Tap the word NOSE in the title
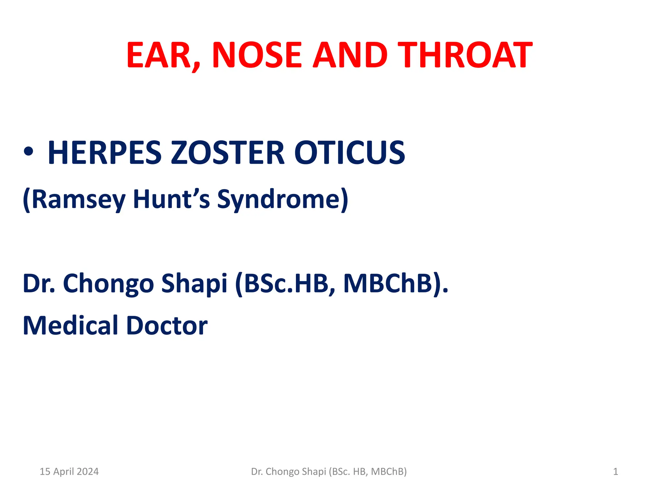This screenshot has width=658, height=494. point(257,55)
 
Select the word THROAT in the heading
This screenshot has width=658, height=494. point(465,55)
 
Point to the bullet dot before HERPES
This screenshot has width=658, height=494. point(28,151)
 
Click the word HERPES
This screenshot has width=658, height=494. point(105,153)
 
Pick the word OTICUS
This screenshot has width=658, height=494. point(350,153)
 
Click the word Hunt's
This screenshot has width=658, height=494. point(171,199)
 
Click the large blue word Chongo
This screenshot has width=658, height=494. point(108,284)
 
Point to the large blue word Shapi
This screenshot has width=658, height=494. point(194,284)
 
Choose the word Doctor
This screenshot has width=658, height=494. point(167,325)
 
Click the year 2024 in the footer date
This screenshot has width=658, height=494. point(88,471)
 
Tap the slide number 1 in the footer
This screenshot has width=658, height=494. point(615,471)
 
